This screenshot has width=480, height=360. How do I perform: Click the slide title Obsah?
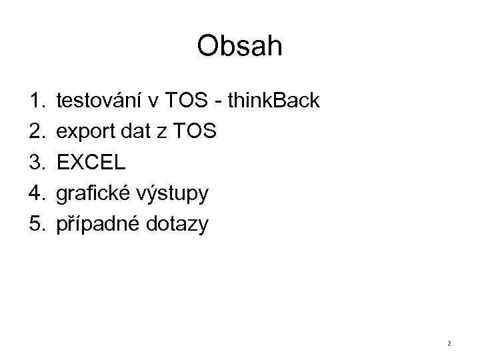[240, 47]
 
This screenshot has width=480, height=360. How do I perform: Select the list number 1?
[36, 101]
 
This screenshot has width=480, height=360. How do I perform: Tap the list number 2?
[36, 132]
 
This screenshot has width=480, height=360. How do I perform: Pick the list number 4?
[36, 193]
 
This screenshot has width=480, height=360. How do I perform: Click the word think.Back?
[274, 101]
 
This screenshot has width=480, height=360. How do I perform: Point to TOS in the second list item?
[193, 132]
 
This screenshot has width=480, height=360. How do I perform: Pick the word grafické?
[95, 194]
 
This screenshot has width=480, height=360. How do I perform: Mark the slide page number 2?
[449, 343]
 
